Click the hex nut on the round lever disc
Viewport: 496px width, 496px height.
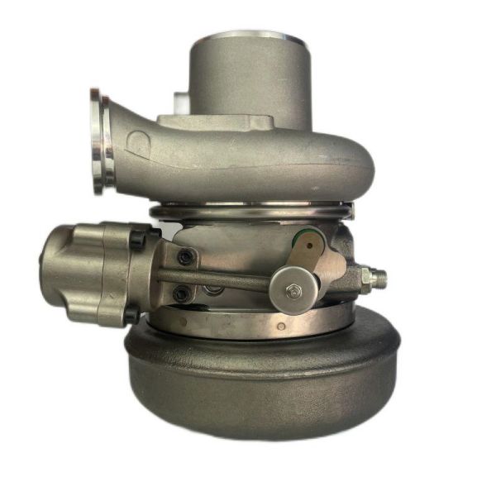pyautogui.click(x=293, y=290)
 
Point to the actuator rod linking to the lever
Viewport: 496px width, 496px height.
pyautogui.click(x=223, y=281)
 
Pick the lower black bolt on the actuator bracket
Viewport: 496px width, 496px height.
pyautogui.click(x=181, y=293)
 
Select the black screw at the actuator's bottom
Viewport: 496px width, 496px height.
pyautogui.click(x=131, y=315)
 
